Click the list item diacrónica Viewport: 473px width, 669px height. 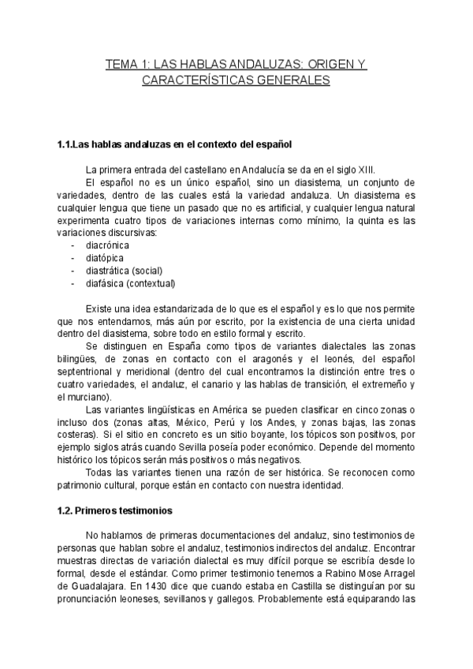pyautogui.click(x=107, y=245)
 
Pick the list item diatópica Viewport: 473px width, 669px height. pyautogui.click(x=104, y=258)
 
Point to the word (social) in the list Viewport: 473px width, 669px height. pyautogui.click(x=147, y=271)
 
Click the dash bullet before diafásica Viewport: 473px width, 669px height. pyautogui.click(x=73, y=283)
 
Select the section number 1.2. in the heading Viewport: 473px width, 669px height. pyautogui.click(x=67, y=511)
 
